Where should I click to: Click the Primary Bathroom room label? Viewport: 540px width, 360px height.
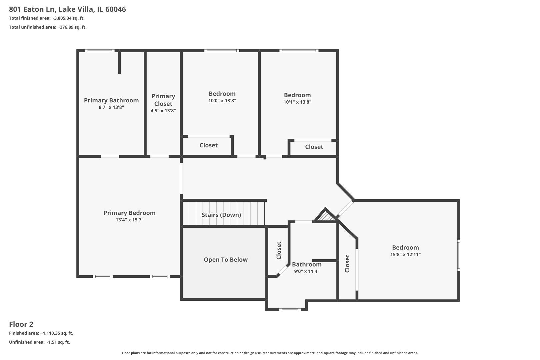111,100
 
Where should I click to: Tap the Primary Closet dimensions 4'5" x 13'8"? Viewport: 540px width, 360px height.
163,111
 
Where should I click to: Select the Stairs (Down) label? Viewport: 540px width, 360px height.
221,215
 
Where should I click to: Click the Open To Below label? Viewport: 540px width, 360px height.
226,260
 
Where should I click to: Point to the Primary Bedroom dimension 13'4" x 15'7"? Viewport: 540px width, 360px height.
129,220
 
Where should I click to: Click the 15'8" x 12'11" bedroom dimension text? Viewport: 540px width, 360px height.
405,255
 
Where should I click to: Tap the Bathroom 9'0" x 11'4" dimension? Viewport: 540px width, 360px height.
307,271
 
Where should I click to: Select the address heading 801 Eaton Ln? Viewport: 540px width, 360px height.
67,9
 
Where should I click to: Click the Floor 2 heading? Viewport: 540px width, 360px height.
21,324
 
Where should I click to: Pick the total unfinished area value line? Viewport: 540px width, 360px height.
48,27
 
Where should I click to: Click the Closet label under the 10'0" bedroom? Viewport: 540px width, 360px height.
208,145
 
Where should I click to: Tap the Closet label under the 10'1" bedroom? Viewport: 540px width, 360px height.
314,147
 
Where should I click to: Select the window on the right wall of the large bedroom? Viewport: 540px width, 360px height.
459,255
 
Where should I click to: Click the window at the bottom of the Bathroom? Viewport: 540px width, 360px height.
290,310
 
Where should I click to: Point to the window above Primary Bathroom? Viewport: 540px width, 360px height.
99,51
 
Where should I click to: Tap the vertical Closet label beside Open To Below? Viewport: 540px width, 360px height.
279,250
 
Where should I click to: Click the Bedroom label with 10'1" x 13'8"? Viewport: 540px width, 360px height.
297,95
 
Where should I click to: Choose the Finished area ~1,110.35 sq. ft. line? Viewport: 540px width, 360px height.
41,333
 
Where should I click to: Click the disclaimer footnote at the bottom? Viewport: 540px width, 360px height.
270,353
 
